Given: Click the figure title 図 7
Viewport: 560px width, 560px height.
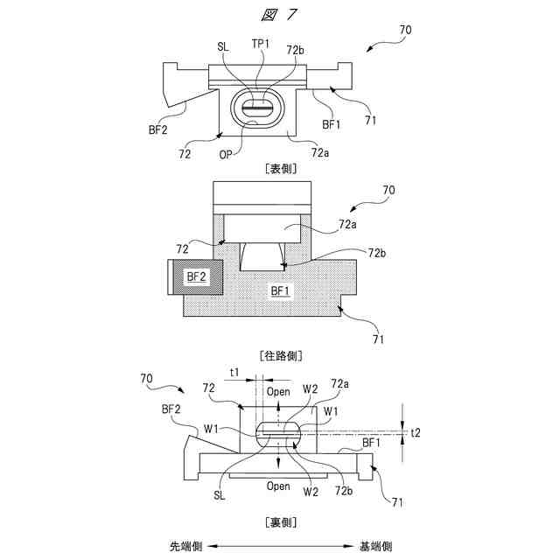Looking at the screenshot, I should point(279,13).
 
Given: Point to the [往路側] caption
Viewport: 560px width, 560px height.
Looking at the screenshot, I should point(279,355).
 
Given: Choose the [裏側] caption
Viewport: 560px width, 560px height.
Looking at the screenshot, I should point(279,522).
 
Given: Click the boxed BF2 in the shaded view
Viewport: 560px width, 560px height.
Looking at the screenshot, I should point(195,276).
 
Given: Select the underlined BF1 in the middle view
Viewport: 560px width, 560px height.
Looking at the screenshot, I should point(280,290).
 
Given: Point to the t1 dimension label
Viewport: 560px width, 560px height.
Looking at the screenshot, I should point(234,373).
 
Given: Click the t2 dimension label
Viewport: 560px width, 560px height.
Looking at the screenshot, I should point(416,432).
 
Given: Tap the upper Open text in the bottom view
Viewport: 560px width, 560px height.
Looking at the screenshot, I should point(278,391).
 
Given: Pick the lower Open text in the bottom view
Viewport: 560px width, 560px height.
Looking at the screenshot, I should point(278,486).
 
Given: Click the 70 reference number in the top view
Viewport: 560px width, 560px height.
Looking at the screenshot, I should point(405,30).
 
